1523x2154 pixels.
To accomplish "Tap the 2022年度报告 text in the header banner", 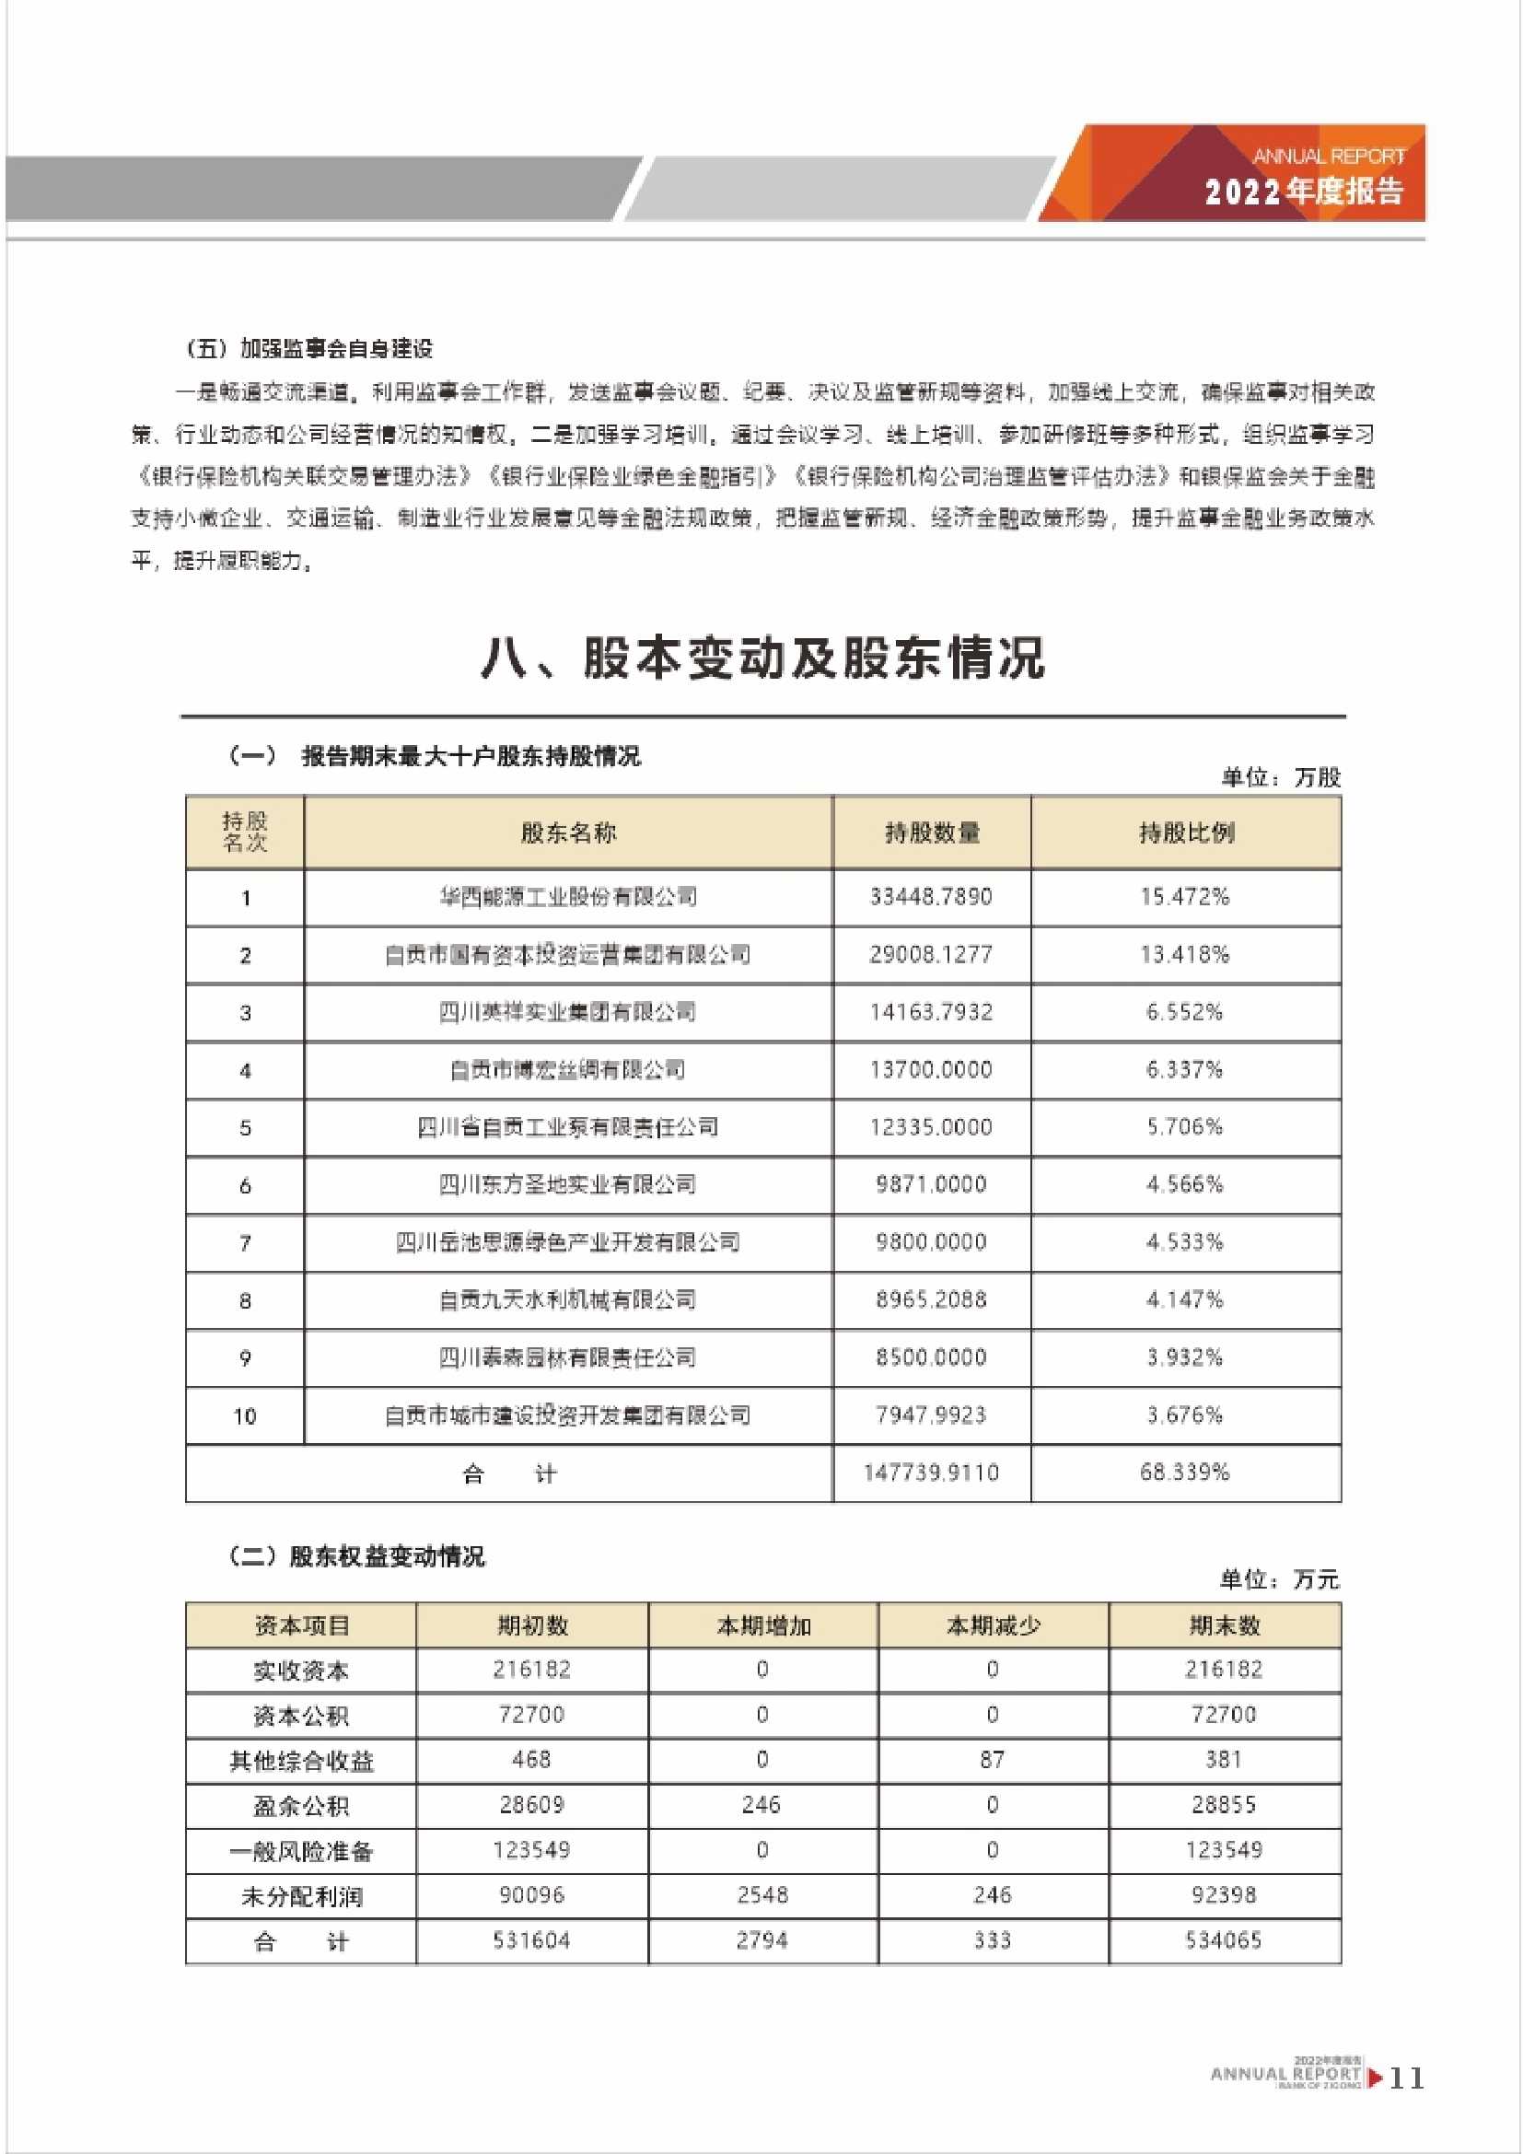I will tap(1304, 192).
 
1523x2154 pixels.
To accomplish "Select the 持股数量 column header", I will tap(931, 832).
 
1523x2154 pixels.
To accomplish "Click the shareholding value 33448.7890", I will tap(930, 897).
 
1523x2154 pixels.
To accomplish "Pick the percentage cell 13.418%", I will tap(1184, 955).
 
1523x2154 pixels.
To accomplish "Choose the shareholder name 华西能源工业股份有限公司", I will tap(568, 897).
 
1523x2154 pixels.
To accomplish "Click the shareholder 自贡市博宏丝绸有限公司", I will tap(568, 1070).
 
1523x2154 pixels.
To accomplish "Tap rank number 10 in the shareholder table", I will tap(245, 1416).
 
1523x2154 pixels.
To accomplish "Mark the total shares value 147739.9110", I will tap(930, 1473).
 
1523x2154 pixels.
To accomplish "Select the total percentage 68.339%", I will tap(1184, 1473).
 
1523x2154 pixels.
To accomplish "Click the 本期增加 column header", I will tap(763, 1625).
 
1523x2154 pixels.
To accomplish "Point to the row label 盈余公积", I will tap(301, 1806).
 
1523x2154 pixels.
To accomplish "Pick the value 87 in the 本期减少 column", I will tap(993, 1760).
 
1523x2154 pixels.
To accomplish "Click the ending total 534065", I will tap(1223, 1940).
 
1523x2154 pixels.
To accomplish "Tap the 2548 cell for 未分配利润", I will tap(762, 1895).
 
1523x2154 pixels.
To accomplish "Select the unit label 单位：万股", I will tap(1280, 777).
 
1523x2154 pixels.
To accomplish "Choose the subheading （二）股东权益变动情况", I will tap(357, 1556).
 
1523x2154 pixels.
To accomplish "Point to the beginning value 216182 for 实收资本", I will tap(531, 1670).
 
